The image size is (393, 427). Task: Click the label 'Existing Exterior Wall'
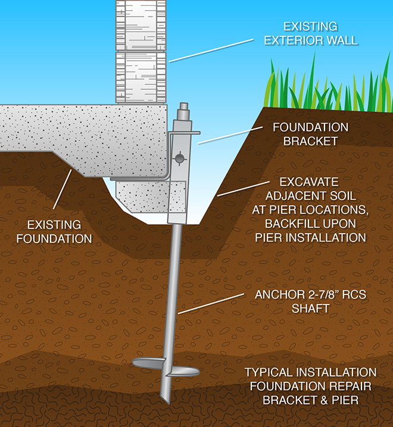pos(311,33)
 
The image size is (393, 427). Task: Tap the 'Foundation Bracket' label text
pos(310,134)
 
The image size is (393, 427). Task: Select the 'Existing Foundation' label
pos(54,232)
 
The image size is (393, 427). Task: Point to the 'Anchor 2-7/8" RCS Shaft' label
pos(310,302)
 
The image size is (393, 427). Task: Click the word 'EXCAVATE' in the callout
pos(309,182)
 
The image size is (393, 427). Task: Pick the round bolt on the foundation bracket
pos(180,158)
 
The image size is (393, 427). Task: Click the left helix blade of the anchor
pos(149,363)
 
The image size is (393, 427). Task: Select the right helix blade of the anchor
pos(183,372)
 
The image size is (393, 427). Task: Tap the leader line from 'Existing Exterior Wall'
pos(211,51)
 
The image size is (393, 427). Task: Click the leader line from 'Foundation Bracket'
pos(230,135)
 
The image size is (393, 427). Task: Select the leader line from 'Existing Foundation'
pos(63,190)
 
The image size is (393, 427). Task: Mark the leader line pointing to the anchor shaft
pos(211,304)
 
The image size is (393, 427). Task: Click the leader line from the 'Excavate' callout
pos(244,189)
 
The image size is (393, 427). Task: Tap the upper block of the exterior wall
pos(141,25)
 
